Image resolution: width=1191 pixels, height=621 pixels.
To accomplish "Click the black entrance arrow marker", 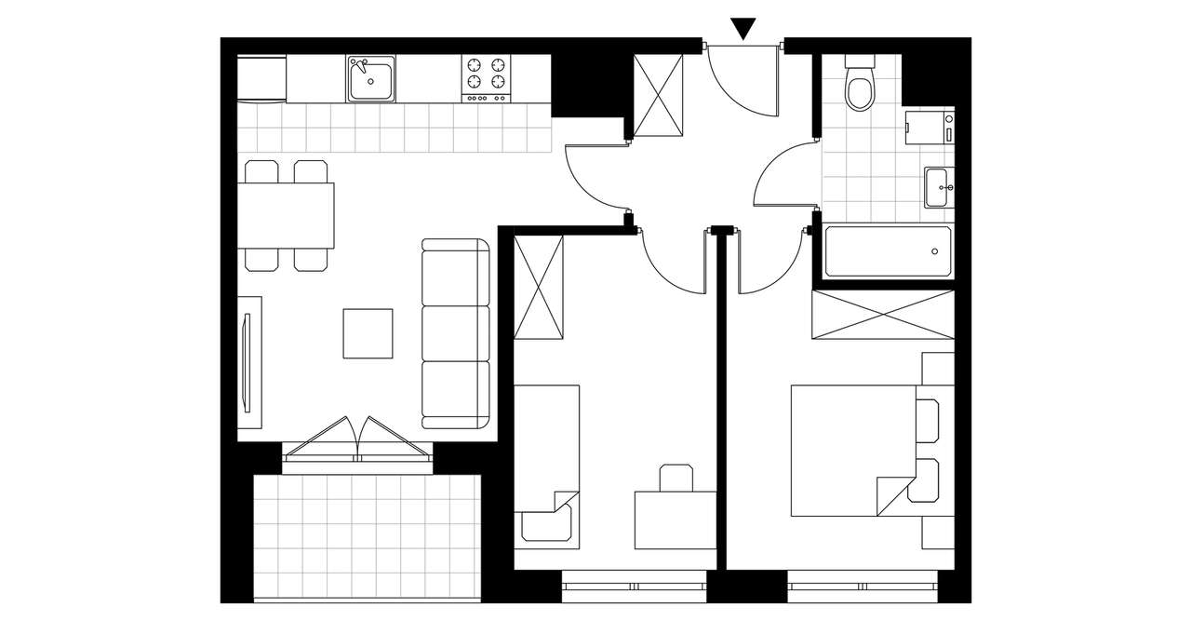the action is pyautogui.click(x=743, y=29).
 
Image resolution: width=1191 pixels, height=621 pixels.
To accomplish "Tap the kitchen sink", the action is pyautogui.click(x=372, y=78).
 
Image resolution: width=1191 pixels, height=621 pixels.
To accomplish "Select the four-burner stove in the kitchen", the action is pyautogui.click(x=487, y=78).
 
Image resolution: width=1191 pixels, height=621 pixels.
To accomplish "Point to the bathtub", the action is pyautogui.click(x=888, y=251).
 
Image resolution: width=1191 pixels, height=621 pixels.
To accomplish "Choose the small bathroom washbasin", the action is pyautogui.click(x=939, y=187).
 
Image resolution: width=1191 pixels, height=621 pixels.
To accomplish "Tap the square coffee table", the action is pyautogui.click(x=368, y=333).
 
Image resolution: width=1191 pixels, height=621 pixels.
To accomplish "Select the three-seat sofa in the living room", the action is pyautogui.click(x=456, y=333).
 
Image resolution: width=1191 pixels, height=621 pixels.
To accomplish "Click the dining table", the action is pyautogui.click(x=286, y=215).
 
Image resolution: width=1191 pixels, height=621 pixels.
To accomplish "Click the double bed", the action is pyautogui.click(x=851, y=451).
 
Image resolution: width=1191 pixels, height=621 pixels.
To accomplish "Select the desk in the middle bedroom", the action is pyautogui.click(x=675, y=520).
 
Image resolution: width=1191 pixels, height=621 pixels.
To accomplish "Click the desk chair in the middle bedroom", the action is pyautogui.click(x=676, y=478).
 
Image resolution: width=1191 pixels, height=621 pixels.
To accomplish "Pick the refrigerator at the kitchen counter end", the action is pyautogui.click(x=261, y=78).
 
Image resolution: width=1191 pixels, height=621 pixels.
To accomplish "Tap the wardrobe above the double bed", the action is pyautogui.click(x=883, y=315).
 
